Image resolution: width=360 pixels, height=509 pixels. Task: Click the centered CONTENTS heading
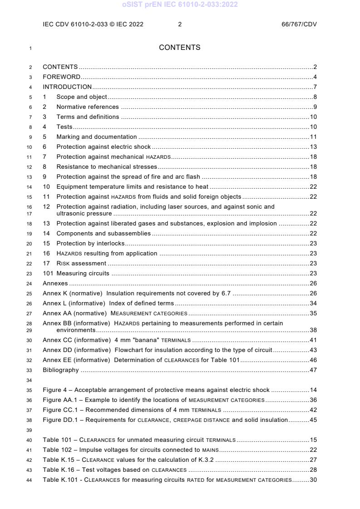pos(179,48)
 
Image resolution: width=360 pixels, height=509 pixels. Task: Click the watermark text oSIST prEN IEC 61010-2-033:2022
pos(180,5)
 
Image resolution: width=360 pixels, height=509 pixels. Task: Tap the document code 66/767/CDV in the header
pos(299,24)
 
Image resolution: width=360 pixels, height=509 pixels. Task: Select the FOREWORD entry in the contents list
pos(61,77)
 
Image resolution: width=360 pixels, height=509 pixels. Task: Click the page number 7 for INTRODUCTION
pos(315,87)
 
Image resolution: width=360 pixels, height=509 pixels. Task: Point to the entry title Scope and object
pos(82,97)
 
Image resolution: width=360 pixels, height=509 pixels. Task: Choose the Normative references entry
pos(88,107)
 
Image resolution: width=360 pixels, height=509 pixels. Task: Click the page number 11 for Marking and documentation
pos(313,137)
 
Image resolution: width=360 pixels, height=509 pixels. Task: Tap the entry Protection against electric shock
pos(104,147)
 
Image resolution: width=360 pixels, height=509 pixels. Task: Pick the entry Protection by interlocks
pos(90,243)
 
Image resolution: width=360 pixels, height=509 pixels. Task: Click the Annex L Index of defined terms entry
pos(108,303)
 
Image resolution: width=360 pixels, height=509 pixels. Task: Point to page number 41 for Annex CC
pos(313,340)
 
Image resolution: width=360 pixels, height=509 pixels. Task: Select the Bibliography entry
pos(61,370)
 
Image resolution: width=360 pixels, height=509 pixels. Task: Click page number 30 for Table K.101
pos(313,480)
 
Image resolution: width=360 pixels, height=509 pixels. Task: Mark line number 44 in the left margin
pos(30,480)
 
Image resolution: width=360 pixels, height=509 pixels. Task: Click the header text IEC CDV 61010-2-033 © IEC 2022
pos(93,24)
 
